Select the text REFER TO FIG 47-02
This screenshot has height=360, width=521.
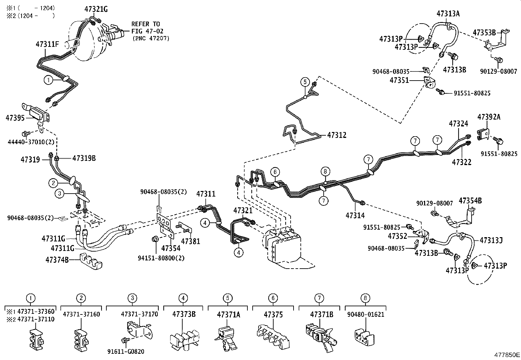tap(146, 28)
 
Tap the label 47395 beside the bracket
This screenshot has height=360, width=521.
tap(15, 118)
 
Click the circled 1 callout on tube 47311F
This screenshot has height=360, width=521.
tap(48, 79)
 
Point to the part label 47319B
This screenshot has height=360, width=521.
tap(84, 158)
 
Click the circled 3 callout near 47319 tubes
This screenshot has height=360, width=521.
tap(59, 194)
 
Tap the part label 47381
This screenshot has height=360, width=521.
tap(190, 241)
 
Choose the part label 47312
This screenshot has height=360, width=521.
tap(336, 135)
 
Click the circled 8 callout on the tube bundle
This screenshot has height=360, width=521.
tap(325, 171)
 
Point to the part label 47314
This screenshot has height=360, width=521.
tap(355, 215)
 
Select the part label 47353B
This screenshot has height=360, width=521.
tap(484, 32)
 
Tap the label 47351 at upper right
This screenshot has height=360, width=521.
tap(399, 80)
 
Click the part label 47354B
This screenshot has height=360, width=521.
tap(470, 201)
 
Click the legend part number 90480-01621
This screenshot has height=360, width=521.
tap(365, 314)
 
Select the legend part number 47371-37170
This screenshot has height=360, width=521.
tap(139, 314)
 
